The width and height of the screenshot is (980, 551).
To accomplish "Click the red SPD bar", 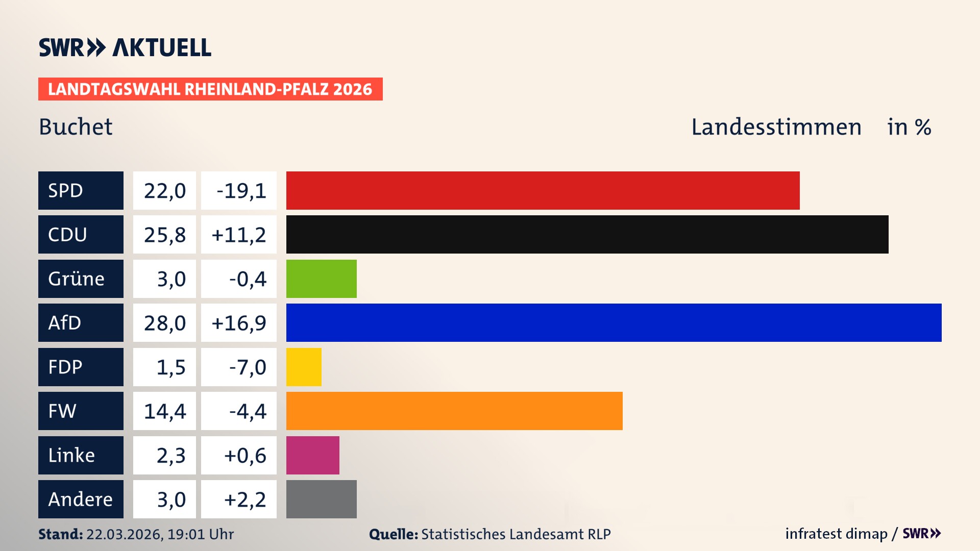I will pyautogui.click(x=543, y=190).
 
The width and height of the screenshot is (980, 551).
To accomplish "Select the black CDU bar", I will pyautogui.click(x=587, y=234).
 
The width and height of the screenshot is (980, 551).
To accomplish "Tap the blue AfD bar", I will pyautogui.click(x=614, y=322).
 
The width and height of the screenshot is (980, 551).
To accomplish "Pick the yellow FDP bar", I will pyautogui.click(x=304, y=367).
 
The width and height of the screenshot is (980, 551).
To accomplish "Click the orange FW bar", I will pyautogui.click(x=454, y=411).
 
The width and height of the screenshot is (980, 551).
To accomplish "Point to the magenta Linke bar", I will pyautogui.click(x=312, y=455).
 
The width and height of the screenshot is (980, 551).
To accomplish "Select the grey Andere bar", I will pyautogui.click(x=321, y=499).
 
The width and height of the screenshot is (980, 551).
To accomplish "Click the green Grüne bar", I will pyautogui.click(x=321, y=279).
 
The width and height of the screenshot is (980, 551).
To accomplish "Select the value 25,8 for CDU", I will pyautogui.click(x=164, y=235).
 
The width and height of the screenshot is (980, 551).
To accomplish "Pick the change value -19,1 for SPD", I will pyautogui.click(x=241, y=191).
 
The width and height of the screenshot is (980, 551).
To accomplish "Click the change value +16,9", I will pyautogui.click(x=239, y=323).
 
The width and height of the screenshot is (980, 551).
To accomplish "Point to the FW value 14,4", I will pyautogui.click(x=164, y=411).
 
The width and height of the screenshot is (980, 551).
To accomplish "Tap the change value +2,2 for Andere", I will pyautogui.click(x=245, y=499).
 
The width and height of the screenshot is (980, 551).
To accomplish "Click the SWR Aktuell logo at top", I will pyautogui.click(x=125, y=47).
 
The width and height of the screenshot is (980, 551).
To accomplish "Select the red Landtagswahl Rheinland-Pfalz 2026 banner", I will pyautogui.click(x=210, y=89).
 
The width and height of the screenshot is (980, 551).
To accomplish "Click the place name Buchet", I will pyautogui.click(x=76, y=127).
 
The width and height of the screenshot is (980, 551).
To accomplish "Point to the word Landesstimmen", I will pyautogui.click(x=776, y=127).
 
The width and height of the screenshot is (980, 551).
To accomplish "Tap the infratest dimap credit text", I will pyautogui.click(x=836, y=534).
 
